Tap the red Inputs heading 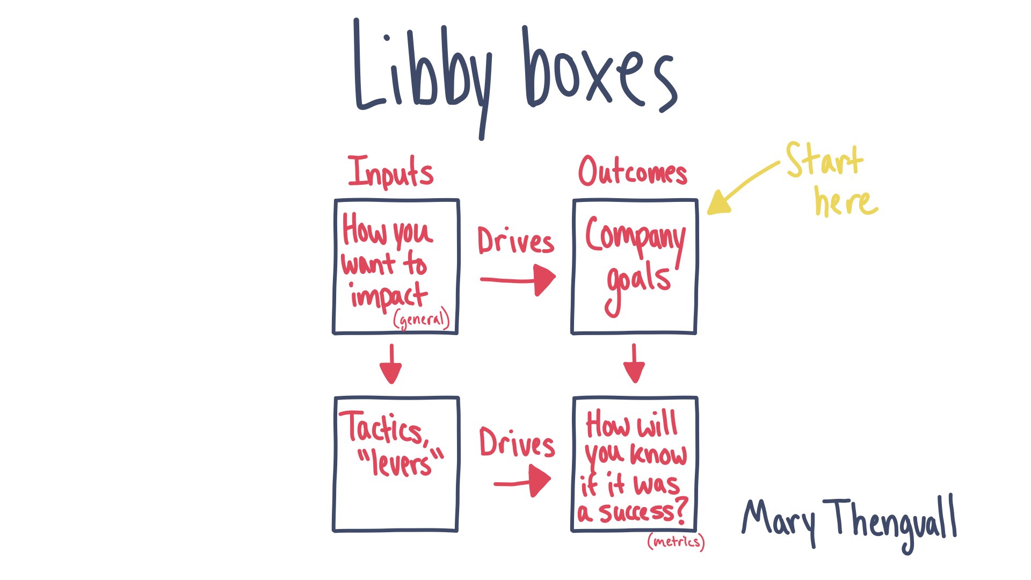[390, 172]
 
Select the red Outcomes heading [633, 172]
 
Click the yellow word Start [824, 160]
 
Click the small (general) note [421, 320]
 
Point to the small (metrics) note [676, 541]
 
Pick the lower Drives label [517, 444]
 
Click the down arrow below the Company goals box [634, 365]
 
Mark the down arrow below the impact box [391, 365]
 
